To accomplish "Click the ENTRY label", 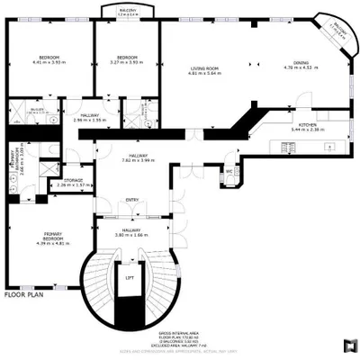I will point(132,200).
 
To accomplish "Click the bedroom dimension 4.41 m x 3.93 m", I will point(51,62).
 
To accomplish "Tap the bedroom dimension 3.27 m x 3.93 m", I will point(126,62).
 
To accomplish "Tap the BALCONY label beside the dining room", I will point(337,27).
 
